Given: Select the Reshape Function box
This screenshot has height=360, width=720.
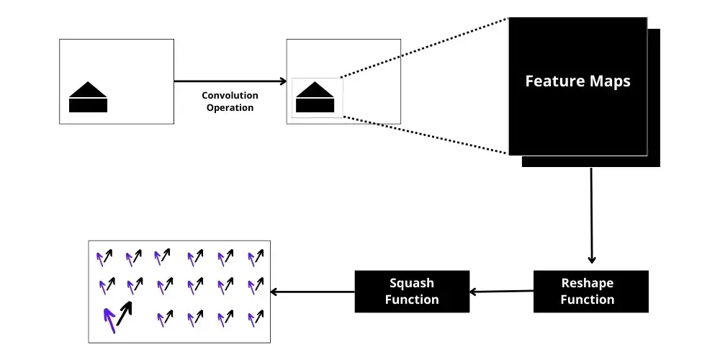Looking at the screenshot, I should coord(590,291).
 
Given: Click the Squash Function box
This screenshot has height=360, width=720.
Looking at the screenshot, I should coord(412,291).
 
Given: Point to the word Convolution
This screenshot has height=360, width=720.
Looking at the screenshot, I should coord(230,96).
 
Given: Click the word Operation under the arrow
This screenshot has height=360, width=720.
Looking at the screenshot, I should coord(230,108).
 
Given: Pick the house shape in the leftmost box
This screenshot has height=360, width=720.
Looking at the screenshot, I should coord(88,97).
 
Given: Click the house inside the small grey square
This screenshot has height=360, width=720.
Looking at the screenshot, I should coord(317,97).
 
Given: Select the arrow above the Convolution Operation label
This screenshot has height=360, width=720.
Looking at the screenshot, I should coord(230,81).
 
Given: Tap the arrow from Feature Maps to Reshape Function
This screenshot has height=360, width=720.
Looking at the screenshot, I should coord(592,216).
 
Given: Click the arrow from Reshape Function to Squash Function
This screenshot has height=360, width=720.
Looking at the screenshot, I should coord(501,292).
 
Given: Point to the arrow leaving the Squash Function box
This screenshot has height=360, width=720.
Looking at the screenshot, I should coord(312,292).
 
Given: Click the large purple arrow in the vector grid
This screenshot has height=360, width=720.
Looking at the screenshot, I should coord(109,320).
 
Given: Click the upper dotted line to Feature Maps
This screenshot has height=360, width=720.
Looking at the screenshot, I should coord(425,47).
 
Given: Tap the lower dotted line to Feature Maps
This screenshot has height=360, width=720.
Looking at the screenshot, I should coord(425,134).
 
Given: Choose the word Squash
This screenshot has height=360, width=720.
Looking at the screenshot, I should coord(412,283).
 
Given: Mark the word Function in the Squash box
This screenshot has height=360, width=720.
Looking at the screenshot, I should coord(412,299).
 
